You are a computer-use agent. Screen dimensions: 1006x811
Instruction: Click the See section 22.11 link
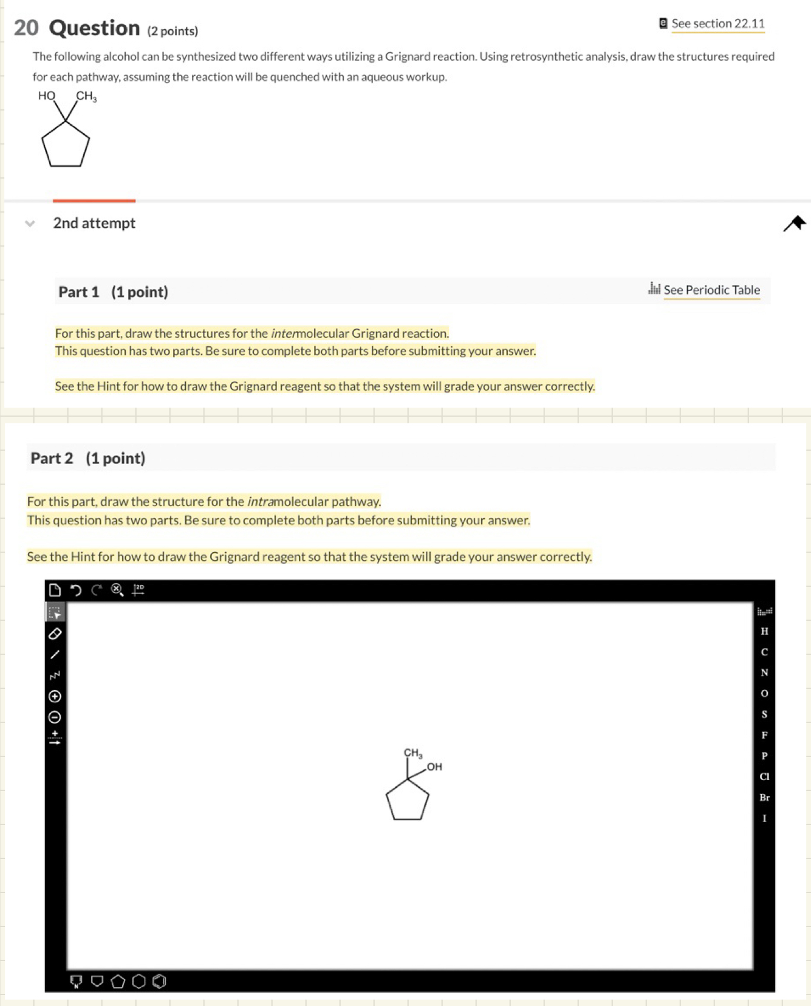click(717, 24)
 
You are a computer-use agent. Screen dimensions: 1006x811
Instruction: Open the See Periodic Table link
click(711, 290)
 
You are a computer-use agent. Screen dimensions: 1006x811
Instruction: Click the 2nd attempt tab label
click(94, 223)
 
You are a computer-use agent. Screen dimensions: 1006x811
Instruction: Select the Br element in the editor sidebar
click(764, 798)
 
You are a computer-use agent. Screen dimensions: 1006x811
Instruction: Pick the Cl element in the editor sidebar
click(764, 776)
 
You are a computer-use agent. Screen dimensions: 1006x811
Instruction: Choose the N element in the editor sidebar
click(764, 672)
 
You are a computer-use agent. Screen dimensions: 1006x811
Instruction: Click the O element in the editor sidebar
click(764, 693)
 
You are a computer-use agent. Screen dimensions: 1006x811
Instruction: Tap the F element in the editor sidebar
click(764, 735)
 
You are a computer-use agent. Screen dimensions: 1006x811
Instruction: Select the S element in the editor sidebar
click(764, 714)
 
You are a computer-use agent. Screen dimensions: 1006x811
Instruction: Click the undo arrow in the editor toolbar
click(75, 590)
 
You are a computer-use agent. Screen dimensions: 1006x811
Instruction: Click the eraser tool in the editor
click(55, 634)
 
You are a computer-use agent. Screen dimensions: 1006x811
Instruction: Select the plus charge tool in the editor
click(55, 696)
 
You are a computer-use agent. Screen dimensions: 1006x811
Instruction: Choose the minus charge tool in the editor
click(55, 717)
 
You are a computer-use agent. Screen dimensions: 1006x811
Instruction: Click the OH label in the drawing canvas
click(434, 767)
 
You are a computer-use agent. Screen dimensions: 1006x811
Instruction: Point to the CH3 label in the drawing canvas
click(413, 753)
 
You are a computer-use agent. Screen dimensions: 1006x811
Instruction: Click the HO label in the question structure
click(47, 96)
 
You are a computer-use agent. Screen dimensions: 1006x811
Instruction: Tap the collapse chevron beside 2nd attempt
click(30, 224)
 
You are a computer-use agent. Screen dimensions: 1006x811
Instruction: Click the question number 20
click(26, 28)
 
